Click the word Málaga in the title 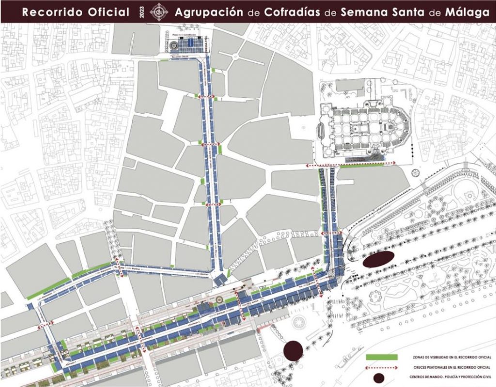468,12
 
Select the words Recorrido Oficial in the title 76,12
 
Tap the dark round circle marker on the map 293,351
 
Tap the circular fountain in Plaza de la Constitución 173,45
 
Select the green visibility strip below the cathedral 368,165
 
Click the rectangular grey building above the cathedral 350,85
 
